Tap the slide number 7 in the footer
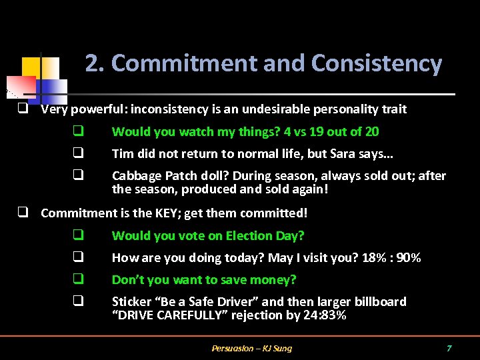449,349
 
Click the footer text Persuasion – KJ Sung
251,349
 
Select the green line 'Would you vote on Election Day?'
208,236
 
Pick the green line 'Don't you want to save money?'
204,280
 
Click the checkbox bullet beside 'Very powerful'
22,109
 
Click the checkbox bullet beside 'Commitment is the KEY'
22,213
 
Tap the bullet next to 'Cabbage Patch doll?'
78,176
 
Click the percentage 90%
408,258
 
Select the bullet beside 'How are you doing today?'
78,258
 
